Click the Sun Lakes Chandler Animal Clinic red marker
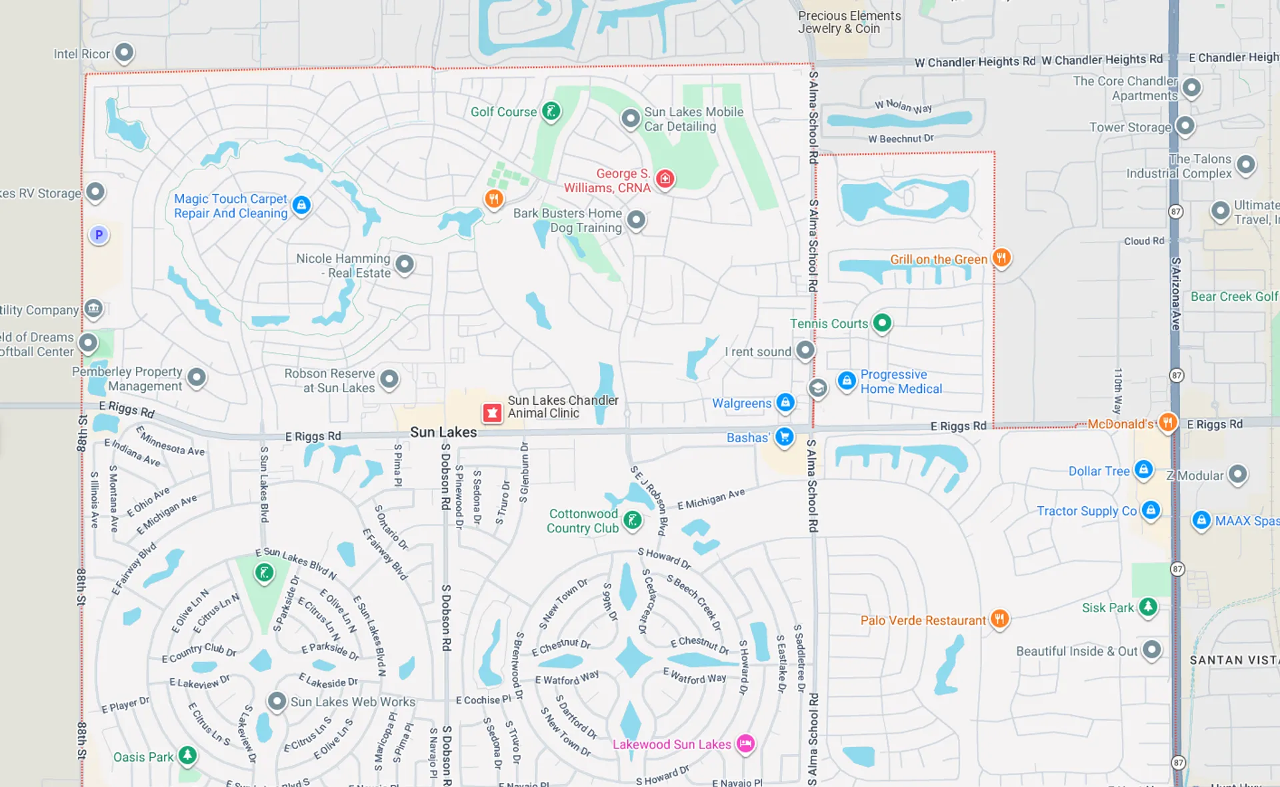point(492,413)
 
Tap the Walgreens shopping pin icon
point(785,402)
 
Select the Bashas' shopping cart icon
point(785,437)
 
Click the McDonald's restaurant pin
point(1167,422)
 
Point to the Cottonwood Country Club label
point(583,521)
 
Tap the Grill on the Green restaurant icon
point(1001,257)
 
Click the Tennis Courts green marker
point(882,323)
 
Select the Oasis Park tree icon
point(187,755)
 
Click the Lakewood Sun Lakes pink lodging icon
point(745,743)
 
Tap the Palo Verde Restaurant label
point(923,620)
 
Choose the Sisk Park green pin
point(1147,606)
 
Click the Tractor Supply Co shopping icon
point(1151,510)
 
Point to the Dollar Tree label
point(1099,471)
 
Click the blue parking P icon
point(99,235)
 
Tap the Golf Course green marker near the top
point(551,111)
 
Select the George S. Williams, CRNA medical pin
point(665,179)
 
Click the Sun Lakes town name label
point(443,432)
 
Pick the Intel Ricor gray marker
point(124,52)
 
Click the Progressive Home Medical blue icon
point(847,381)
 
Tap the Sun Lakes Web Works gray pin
point(277,701)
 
